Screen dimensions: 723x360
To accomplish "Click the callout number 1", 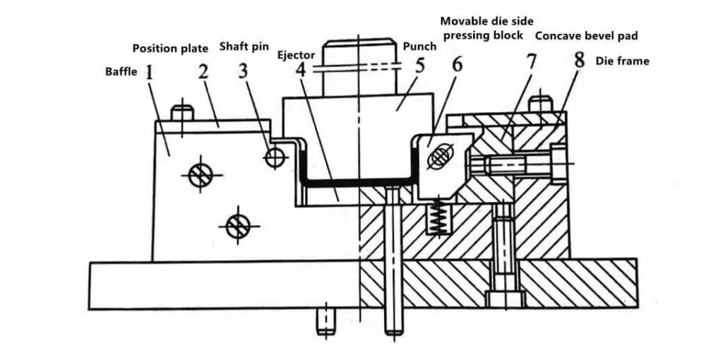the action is point(150,73).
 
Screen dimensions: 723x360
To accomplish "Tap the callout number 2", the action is point(204,73).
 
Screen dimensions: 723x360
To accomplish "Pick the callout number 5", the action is point(419,66).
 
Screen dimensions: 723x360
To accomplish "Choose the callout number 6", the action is point(457,64).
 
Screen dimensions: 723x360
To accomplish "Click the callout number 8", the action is point(580,61).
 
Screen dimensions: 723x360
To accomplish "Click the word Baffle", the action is point(121,72).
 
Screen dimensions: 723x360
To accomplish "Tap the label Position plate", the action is point(170,49).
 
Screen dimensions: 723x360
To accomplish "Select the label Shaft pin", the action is point(244,47).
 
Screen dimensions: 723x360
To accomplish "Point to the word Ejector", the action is point(297,56).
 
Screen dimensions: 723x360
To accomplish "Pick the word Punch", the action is point(419,47).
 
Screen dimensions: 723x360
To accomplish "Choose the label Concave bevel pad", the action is point(587,36).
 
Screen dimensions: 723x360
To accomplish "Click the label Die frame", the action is point(623,61).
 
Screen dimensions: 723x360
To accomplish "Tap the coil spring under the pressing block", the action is point(436,218).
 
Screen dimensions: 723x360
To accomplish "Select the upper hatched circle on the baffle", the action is point(200,175).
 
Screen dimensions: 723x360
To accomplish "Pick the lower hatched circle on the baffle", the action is point(238,226).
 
